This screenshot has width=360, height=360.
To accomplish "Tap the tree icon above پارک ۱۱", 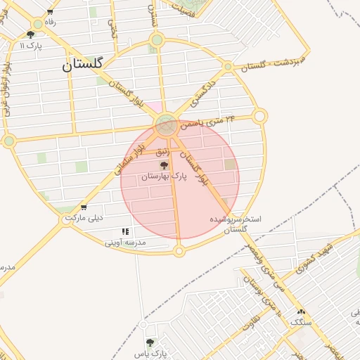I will (x=30, y=34).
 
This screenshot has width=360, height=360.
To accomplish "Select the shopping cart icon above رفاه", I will (x=50, y=12).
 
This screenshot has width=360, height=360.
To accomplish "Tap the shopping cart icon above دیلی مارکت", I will (x=84, y=207).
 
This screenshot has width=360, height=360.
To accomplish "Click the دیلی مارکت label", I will (x=84, y=218).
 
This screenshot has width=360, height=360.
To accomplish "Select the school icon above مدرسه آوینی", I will (x=125, y=231).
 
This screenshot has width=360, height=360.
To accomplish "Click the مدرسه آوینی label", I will (x=125, y=243).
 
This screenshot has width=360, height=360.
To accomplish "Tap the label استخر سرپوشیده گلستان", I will (x=236, y=224).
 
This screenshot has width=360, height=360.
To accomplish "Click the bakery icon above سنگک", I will (x=302, y=311).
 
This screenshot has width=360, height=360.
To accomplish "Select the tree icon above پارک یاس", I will (x=149, y=342).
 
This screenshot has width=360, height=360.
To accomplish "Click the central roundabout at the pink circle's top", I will (x=167, y=126).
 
